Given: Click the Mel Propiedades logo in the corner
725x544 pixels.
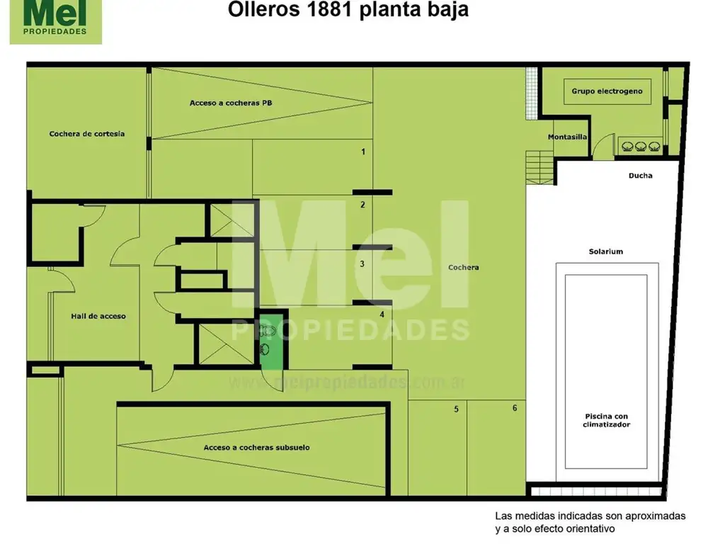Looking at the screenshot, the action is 55,22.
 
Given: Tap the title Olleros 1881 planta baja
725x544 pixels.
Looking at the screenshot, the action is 348,9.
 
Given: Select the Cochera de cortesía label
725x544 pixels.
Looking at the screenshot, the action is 87,134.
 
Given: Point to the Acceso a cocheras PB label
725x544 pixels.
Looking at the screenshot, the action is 231,103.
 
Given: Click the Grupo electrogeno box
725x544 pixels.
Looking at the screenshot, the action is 607,91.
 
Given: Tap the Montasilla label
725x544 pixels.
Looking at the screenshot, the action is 567,137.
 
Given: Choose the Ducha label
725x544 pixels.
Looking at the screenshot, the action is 640,176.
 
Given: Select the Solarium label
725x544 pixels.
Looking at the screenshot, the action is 606,251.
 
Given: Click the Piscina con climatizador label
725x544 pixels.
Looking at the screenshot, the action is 606,420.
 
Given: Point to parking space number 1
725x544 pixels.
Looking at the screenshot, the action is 363,152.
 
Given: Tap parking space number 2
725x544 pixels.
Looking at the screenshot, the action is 363,205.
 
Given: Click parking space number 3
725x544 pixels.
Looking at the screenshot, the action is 362,263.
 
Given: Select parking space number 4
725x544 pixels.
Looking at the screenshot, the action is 382,314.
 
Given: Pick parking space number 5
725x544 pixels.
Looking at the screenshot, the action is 457,409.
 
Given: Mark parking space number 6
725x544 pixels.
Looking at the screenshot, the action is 515,407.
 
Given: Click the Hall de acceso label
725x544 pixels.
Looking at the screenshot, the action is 98,316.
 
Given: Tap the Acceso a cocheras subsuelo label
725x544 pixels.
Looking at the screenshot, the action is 256,448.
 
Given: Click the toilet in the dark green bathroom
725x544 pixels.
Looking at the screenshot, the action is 267,331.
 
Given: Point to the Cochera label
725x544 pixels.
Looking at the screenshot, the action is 463,267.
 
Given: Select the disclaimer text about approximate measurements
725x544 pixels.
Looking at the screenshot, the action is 590,522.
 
